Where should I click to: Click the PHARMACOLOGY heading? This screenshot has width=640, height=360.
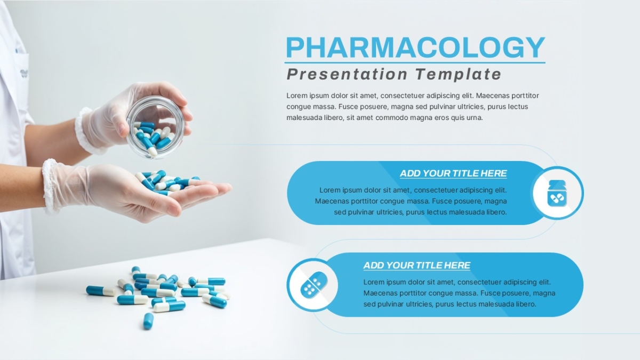tap(415, 47)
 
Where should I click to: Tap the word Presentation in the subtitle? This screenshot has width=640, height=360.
tap(347, 74)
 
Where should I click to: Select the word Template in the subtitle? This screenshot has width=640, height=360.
tap(458, 74)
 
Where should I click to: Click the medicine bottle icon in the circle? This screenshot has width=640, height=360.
tap(557, 194)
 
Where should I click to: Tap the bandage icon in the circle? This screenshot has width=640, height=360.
tap(314, 284)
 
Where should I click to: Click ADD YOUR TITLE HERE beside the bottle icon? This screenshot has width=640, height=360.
tap(453, 173)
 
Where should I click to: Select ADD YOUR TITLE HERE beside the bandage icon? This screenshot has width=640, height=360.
tap(417, 266)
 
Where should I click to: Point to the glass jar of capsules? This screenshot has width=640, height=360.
tap(156, 127)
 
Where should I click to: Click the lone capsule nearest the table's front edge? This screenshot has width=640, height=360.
tap(148, 321)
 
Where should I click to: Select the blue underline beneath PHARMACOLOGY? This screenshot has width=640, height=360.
tap(415, 62)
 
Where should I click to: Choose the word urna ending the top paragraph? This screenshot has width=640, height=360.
tap(475, 118)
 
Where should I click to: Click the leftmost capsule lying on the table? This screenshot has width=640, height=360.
tap(101, 291)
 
